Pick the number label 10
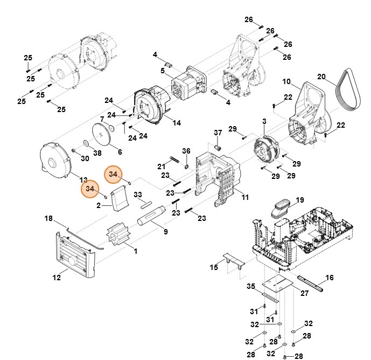pyautogui.click(x=286, y=82)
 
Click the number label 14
pyautogui.click(x=177, y=123)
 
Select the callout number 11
pyautogui.click(x=245, y=198)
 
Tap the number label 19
pyautogui.click(x=300, y=200)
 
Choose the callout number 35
pyautogui.click(x=250, y=286)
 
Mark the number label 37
pyautogui.click(x=218, y=133)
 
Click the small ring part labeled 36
pyautogui.click(x=186, y=165)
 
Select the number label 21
pyautogui.click(x=161, y=165)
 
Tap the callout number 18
pyautogui.click(x=48, y=218)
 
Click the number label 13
pyautogui.click(x=83, y=179)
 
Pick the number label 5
pyautogui.click(x=162, y=70)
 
